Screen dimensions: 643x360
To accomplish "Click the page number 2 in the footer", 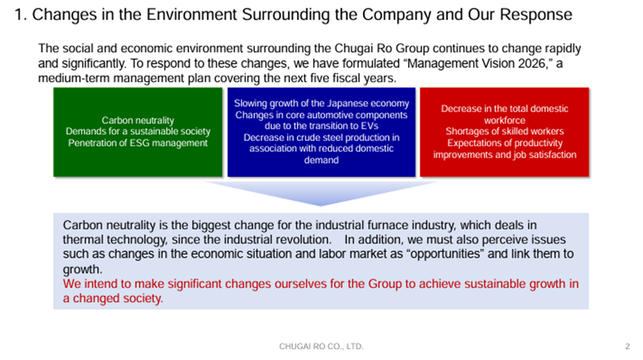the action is (x=627, y=346).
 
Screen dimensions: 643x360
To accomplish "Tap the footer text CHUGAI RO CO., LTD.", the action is (x=321, y=346).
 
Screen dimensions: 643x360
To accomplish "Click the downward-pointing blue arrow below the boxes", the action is (x=321, y=193).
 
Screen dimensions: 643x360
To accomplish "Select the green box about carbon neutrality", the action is (x=138, y=133).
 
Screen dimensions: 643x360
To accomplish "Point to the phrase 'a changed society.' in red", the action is (x=113, y=299).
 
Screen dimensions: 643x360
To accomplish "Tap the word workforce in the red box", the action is (x=504, y=120).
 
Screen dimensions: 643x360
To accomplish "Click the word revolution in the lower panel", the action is (x=304, y=240).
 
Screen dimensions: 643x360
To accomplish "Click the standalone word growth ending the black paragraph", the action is (x=83, y=270).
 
